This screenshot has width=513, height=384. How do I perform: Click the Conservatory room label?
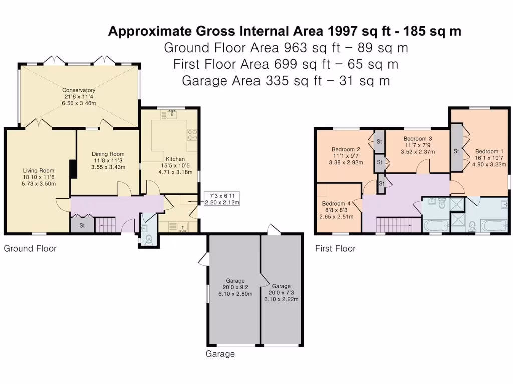[x=79, y=90]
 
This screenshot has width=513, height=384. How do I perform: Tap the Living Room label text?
[x=38, y=171]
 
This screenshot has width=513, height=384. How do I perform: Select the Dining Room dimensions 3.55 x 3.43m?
[x=108, y=167]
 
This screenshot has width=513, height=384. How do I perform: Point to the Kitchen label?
[x=175, y=159]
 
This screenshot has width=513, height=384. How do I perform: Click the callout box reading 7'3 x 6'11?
[x=222, y=199]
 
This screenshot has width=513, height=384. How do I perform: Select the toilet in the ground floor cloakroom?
[x=149, y=240]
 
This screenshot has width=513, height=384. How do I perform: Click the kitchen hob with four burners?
[x=192, y=134]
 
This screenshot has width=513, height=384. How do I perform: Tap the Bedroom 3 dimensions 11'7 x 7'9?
[x=418, y=145]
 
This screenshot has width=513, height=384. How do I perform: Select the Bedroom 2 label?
[x=346, y=149]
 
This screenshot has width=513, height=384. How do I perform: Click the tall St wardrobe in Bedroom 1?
[x=457, y=151]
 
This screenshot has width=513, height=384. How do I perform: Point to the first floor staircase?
[x=398, y=225]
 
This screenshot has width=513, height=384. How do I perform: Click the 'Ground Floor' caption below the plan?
[x=30, y=249]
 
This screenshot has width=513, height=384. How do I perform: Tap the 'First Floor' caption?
[x=335, y=249]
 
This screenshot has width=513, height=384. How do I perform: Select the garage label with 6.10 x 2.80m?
[x=235, y=287]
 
